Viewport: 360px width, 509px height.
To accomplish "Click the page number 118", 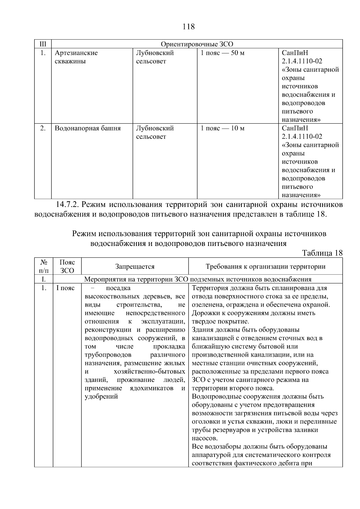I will [188, 27].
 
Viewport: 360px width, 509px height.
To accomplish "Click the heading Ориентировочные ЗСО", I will [197, 44].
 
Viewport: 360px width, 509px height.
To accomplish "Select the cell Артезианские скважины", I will [76, 57].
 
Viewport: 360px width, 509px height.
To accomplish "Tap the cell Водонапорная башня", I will [88, 128].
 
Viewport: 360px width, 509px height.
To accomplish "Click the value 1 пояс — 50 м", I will [222, 53].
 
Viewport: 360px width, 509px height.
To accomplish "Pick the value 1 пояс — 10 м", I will [222, 128].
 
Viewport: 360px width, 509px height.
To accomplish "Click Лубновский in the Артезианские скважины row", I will [155, 53].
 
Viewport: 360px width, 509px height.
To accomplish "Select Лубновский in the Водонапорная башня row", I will [155, 128].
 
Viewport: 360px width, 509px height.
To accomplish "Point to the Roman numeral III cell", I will [43, 44].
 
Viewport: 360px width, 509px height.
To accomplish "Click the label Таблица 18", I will [322, 253].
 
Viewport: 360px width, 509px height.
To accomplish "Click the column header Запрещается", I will [135, 266].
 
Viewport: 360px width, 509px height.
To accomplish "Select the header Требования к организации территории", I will [265, 266].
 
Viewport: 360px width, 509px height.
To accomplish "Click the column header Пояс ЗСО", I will [67, 266].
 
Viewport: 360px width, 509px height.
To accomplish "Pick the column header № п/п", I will [43, 266].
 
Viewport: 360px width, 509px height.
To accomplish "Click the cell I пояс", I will [65, 288].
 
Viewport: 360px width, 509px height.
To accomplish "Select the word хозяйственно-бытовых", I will [149, 372].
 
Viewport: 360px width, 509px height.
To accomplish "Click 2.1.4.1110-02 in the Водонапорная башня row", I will [302, 136].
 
